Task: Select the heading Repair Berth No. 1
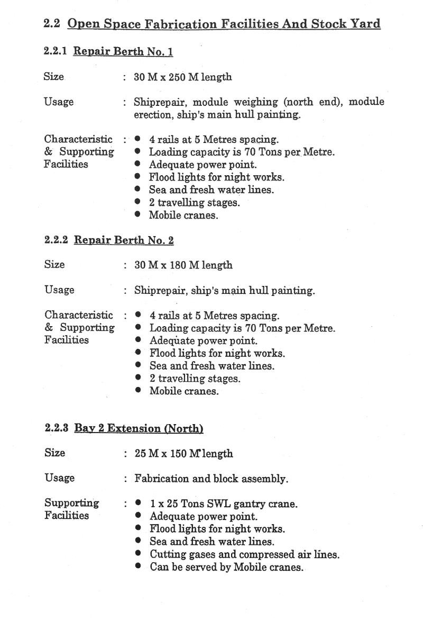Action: pos(123,51)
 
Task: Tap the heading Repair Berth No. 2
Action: pos(123,240)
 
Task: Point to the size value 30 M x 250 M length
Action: pos(182,77)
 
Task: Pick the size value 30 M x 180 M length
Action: pos(183,265)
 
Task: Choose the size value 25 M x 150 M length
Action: pos(183,454)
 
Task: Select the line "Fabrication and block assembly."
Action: pos(211,479)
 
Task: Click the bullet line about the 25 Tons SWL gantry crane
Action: pos(223,504)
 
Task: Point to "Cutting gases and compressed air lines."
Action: pos(244,554)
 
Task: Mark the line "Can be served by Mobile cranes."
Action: pos(227,567)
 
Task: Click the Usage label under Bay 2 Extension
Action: pos(59,478)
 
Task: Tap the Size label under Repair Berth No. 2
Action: pos(54,264)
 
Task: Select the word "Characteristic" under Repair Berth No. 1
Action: pos(78,139)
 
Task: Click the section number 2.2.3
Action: pos(57,428)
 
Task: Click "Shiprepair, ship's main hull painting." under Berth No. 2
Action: pos(224,290)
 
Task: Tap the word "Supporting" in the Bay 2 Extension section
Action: pos(71,503)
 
